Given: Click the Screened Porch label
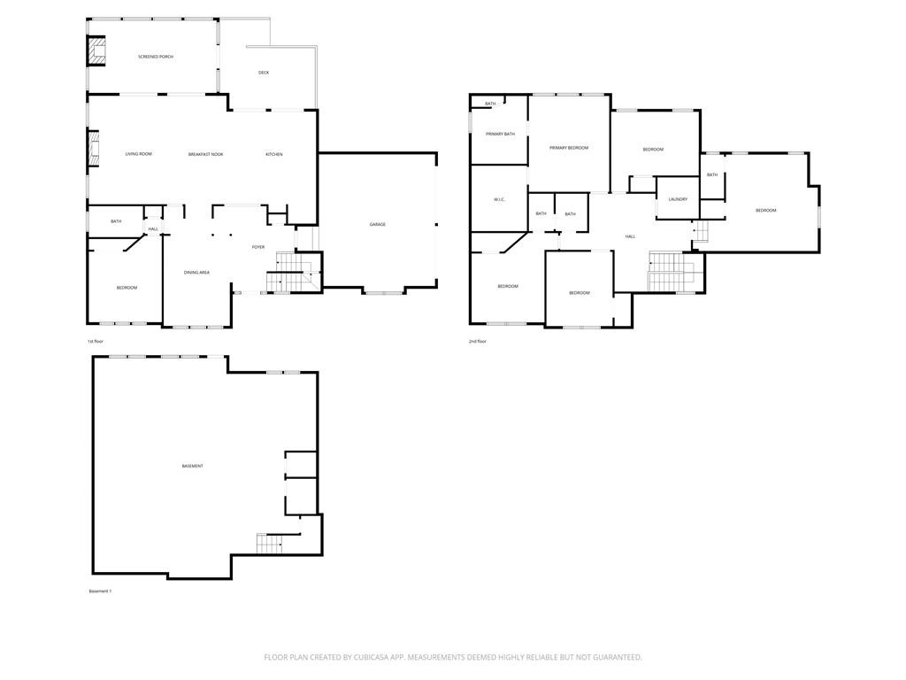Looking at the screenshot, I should coord(156,57).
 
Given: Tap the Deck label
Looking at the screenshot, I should coord(264,73).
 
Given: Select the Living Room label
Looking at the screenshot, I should coord(139,154).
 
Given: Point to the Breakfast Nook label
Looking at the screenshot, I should coord(205,154).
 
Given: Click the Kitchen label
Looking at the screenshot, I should coord(274,154).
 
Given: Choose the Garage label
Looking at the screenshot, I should coord(378,225).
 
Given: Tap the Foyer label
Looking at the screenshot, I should coord(258,247).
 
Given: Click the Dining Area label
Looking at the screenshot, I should coord(196,273).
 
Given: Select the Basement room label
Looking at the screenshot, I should coord(192,466).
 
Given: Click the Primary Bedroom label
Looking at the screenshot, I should coord(568,148).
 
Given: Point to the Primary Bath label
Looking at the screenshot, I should coord(500,134).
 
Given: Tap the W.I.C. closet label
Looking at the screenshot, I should coord(499,200).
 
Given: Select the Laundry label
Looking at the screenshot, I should coord(679,199).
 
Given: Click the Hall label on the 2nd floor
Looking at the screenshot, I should coord(631,236).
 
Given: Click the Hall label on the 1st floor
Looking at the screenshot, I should coord(153,229).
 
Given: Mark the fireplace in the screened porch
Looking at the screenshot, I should coord(96,51).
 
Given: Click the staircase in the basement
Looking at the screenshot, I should coord(269,544).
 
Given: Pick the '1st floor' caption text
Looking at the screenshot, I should coord(95,341).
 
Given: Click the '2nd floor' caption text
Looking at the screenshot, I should coord(478,341).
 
